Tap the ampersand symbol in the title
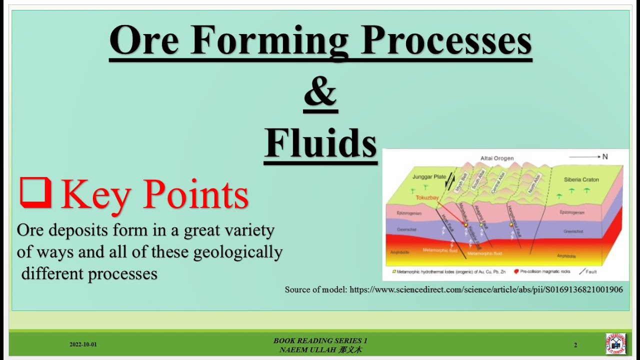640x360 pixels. (x=320, y=93)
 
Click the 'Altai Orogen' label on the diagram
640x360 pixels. (x=496, y=158)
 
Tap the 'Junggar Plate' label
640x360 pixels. (x=429, y=176)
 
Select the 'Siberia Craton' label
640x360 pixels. (x=581, y=179)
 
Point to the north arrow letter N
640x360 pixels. (x=605, y=156)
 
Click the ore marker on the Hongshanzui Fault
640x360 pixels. (x=511, y=224)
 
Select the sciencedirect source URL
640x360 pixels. (x=486, y=289)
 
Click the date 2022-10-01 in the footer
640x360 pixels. (x=83, y=345)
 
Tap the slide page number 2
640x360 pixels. (x=575, y=345)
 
